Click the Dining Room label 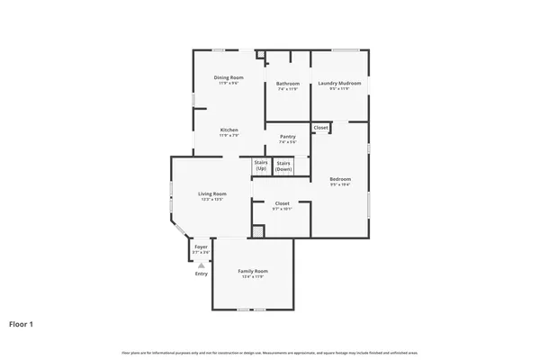click(229, 77)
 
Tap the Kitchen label click(229, 130)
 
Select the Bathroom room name click(288, 85)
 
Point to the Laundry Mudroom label click(338, 85)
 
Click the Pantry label click(287, 137)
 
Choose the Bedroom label click(339, 179)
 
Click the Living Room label click(212, 193)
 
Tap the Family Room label click(253, 271)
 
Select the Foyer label click(201, 247)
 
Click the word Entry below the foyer click(201, 274)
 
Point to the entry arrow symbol click(201, 265)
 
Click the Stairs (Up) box click(261, 166)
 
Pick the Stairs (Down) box click(283, 166)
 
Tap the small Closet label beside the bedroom click(320, 128)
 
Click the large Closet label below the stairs click(282, 203)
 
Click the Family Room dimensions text click(253, 276)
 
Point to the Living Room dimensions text click(212, 199)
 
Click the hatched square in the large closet click(258, 231)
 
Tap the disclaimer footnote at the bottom click(270, 353)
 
